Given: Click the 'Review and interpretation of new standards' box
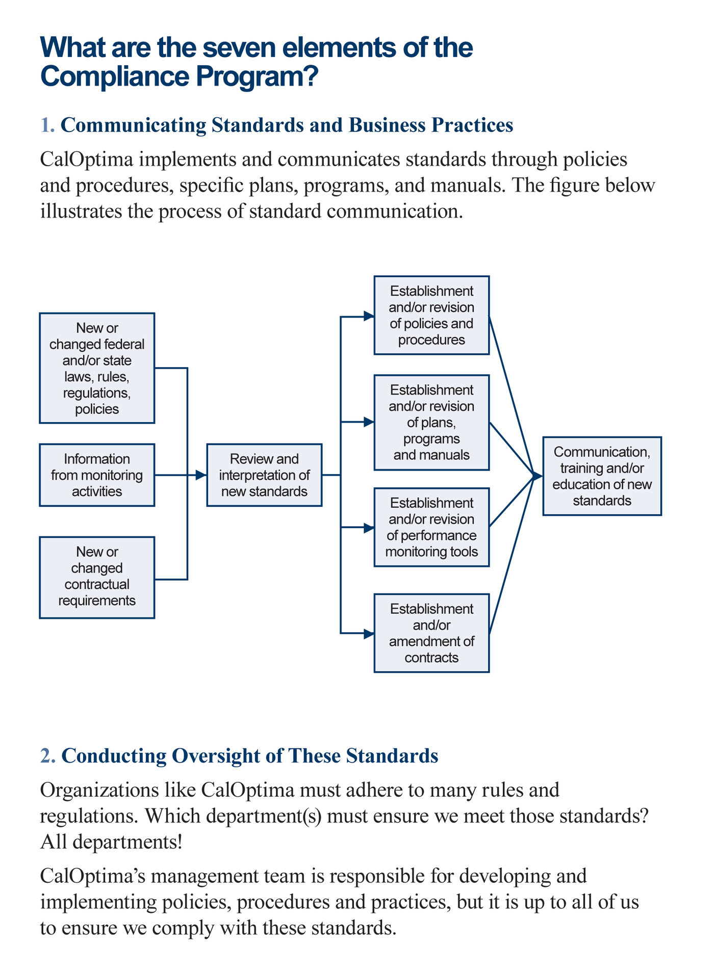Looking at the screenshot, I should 264,475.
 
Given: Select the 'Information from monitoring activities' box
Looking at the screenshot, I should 97,475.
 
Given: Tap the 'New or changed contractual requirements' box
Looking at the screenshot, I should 97,578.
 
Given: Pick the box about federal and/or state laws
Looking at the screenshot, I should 97,368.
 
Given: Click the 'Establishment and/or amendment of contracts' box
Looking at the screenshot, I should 431,633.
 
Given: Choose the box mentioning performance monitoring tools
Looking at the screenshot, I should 431,528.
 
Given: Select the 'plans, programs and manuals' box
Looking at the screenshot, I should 431,423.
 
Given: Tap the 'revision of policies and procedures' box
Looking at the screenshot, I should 431,316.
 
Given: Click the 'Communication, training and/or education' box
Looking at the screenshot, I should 602,476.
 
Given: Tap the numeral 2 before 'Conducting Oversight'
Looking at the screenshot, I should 46,756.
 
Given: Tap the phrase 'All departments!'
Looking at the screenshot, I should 111,842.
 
